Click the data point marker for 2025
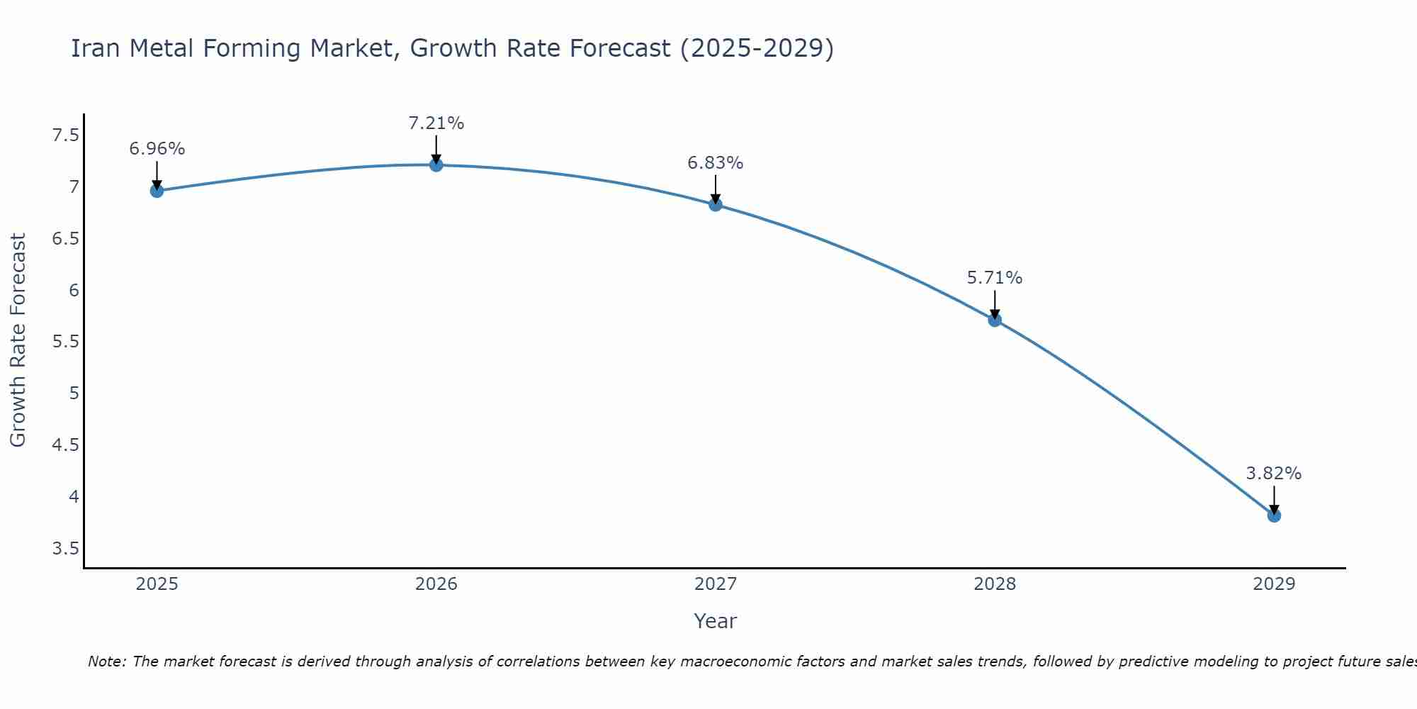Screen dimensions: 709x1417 pyautogui.click(x=157, y=191)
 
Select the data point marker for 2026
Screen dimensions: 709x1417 pyautogui.click(x=436, y=165)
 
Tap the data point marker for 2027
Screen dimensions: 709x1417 pyautogui.click(x=716, y=205)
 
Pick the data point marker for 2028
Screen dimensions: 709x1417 pyautogui.click(x=995, y=320)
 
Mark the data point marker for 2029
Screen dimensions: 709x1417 pyautogui.click(x=1274, y=515)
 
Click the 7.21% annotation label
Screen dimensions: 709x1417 pyautogui.click(x=436, y=123)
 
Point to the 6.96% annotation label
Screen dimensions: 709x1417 pyautogui.click(x=157, y=149)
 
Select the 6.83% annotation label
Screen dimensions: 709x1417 pyautogui.click(x=716, y=163)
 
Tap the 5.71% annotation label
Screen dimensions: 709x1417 pyautogui.click(x=995, y=278)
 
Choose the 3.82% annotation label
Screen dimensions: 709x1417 pyautogui.click(x=1274, y=474)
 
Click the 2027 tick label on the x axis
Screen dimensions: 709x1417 pyautogui.click(x=716, y=584)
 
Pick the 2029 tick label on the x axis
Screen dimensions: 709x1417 pyautogui.click(x=1274, y=584)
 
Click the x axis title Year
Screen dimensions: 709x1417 pyautogui.click(x=716, y=621)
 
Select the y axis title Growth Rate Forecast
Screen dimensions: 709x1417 pyautogui.click(x=18, y=340)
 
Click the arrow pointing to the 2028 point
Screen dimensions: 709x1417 pyautogui.click(x=995, y=303)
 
